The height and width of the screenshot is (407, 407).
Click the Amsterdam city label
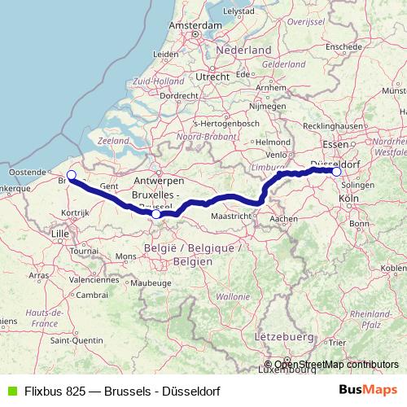(196, 25)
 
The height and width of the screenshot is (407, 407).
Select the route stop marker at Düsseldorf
(336, 171)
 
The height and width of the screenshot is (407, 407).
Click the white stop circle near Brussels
(156, 214)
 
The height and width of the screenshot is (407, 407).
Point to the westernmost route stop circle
(71, 175)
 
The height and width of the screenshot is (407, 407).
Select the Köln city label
(348, 199)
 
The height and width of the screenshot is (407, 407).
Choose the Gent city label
(110, 186)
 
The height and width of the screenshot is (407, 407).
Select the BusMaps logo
(367, 390)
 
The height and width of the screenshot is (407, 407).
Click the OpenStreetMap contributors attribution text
(336, 365)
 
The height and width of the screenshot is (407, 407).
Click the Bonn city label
(359, 223)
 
